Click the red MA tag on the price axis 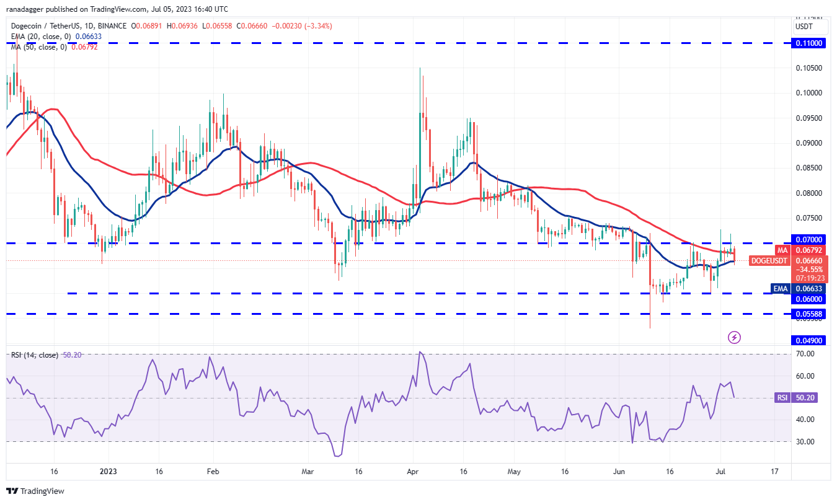[x=783, y=250]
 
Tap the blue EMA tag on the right [x=780, y=288]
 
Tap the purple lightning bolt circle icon [x=734, y=337]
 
